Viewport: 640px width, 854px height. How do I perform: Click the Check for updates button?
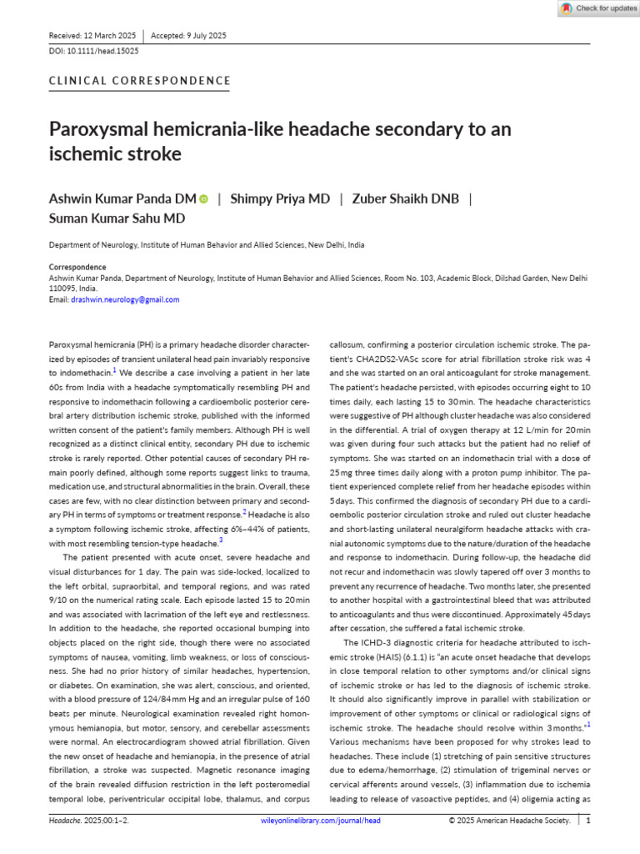(x=597, y=8)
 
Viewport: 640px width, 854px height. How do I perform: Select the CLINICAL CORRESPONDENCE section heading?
(x=140, y=82)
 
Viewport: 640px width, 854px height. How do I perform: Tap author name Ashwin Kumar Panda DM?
(x=122, y=198)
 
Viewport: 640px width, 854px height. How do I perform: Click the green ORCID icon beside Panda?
(x=204, y=199)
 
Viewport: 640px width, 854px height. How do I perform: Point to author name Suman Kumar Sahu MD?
(x=117, y=219)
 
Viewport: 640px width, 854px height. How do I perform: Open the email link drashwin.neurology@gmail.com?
(x=125, y=299)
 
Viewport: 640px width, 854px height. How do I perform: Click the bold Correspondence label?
(x=77, y=268)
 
